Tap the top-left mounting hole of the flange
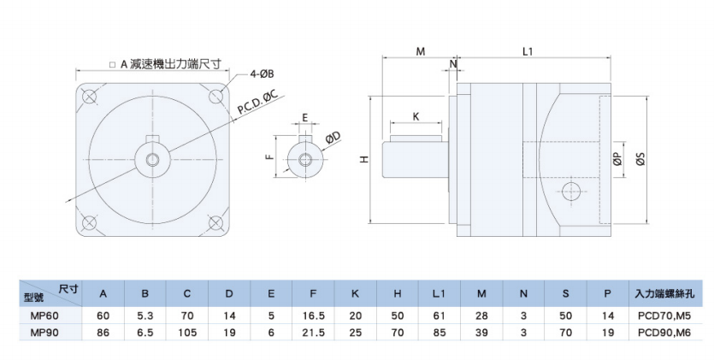click(89, 95)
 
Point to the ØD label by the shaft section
click(333, 137)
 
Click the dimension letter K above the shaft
click(416, 115)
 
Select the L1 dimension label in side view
click(528, 51)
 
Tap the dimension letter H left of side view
click(363, 160)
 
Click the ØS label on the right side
click(640, 158)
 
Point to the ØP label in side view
click(617, 159)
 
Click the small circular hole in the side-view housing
click(572, 189)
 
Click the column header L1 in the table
click(438, 293)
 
